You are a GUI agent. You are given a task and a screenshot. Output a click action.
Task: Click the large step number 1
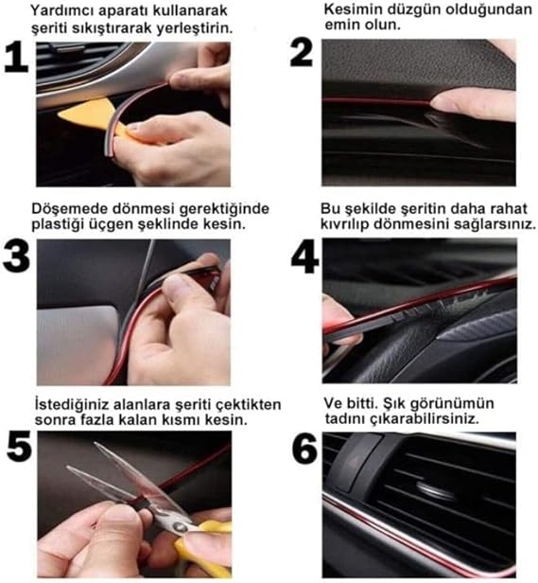point(16,58)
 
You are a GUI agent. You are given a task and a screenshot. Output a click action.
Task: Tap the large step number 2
point(301,53)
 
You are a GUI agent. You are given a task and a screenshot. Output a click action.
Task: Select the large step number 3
point(16,257)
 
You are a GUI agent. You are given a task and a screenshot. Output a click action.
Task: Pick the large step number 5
point(19,447)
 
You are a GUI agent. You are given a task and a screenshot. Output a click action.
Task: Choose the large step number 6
point(304,449)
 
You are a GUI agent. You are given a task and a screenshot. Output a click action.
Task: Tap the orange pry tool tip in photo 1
point(61,115)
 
